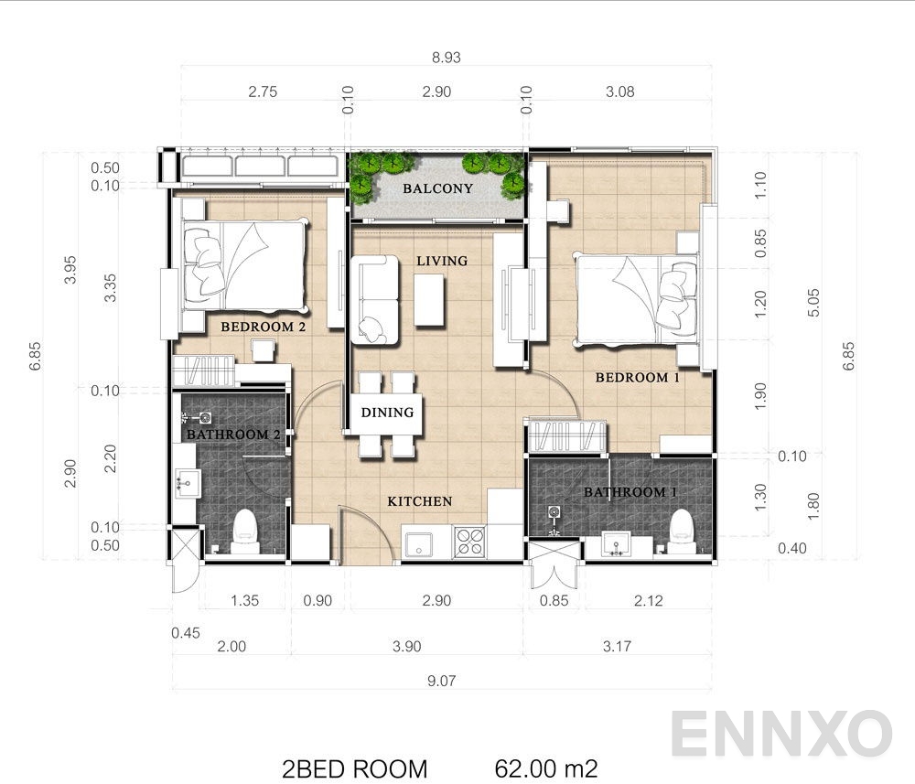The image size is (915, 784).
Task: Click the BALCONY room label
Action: (x=439, y=188)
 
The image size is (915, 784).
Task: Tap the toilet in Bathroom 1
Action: (x=682, y=530)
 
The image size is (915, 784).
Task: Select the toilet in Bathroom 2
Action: (x=244, y=531)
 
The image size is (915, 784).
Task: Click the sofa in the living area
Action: (x=374, y=300)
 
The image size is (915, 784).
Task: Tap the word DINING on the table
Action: (x=387, y=413)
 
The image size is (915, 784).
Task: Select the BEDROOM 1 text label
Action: (x=637, y=377)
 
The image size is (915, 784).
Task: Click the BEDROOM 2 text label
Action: (x=263, y=327)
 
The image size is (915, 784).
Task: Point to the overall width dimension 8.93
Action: (x=445, y=56)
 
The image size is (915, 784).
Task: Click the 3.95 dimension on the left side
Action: (x=70, y=268)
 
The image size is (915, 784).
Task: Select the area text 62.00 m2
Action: (x=546, y=765)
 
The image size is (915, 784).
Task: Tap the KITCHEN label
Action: (x=419, y=501)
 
